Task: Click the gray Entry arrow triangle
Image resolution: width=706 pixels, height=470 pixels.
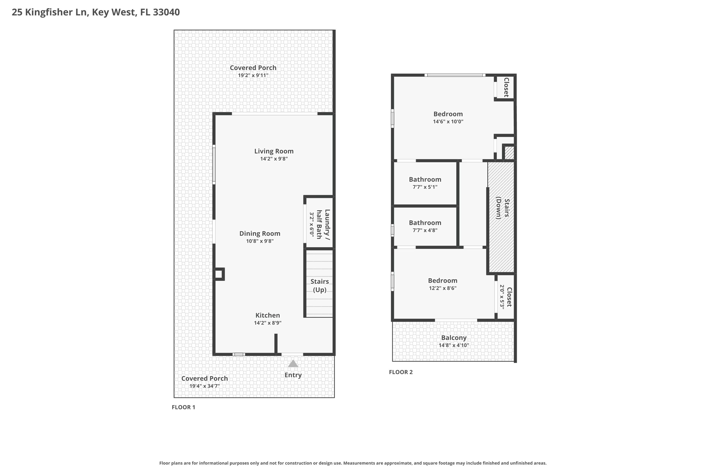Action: (x=293, y=364)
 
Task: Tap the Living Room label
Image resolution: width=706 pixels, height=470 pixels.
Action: (x=274, y=151)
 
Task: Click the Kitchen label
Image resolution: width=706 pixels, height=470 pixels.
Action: (x=267, y=315)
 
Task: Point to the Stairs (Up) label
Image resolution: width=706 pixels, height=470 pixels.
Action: (x=319, y=285)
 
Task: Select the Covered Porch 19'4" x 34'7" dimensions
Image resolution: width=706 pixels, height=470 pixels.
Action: (x=205, y=386)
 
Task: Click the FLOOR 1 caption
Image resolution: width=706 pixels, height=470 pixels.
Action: (x=183, y=407)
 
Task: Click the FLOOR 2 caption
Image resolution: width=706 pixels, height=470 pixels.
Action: (x=401, y=372)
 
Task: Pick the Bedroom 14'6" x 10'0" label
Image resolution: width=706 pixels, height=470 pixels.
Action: (x=448, y=114)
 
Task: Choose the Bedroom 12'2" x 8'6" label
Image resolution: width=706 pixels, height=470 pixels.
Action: (x=442, y=281)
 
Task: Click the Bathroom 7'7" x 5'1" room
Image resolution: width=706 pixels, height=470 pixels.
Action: (x=425, y=183)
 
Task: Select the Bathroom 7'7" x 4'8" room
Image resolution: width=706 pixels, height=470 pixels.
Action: (x=425, y=226)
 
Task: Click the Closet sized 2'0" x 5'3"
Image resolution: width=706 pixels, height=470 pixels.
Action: (x=506, y=297)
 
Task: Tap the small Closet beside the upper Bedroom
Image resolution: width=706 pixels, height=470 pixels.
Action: (x=505, y=87)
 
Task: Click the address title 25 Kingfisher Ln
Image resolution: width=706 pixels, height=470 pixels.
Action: (x=96, y=12)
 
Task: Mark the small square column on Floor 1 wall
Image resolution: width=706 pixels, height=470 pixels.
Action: (x=219, y=274)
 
